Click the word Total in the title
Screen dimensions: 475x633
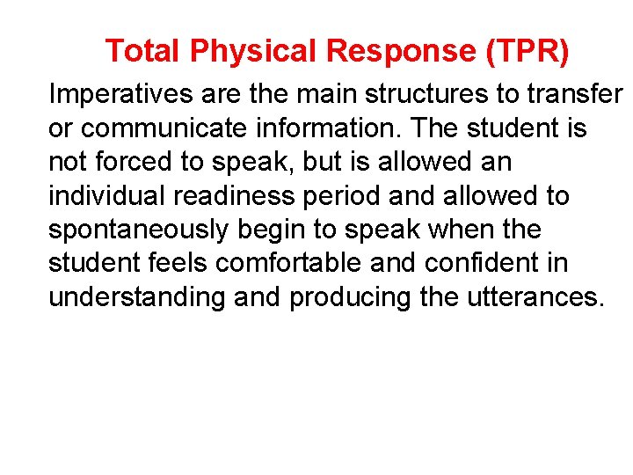click(143, 52)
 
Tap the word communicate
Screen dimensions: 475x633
click(160, 128)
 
